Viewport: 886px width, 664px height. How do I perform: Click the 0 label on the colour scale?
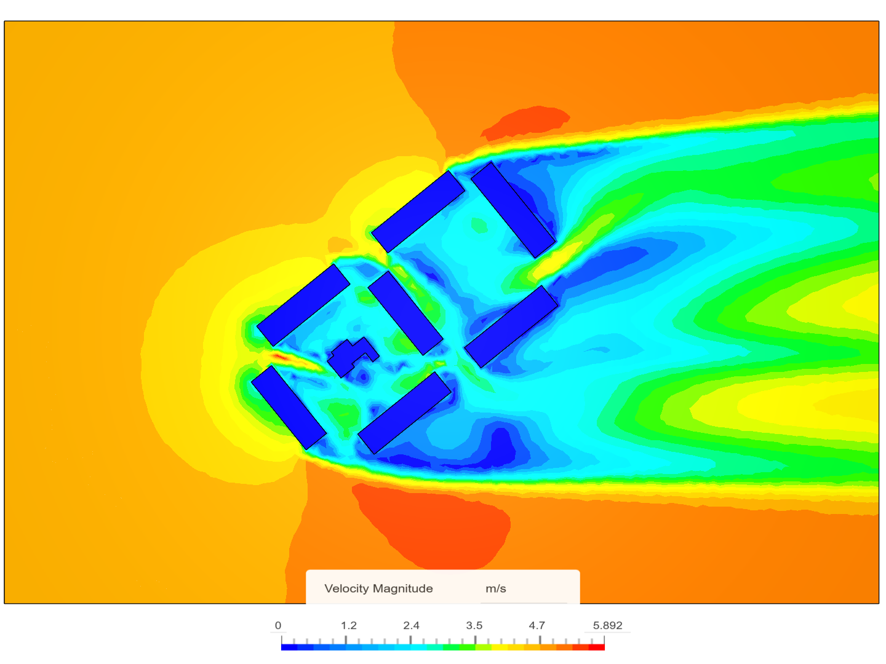click(x=277, y=625)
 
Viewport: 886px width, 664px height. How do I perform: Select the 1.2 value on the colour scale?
click(x=348, y=625)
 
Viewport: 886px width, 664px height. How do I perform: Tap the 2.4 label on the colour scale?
click(x=411, y=625)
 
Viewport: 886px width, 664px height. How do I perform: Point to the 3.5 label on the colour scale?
click(x=474, y=625)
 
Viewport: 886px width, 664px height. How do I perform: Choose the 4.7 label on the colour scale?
click(x=537, y=625)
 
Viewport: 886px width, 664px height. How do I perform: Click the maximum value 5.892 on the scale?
click(x=607, y=625)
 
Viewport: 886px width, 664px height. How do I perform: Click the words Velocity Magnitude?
click(x=378, y=588)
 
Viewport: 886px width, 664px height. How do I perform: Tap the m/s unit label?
click(x=495, y=589)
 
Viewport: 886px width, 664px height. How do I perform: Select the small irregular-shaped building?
click(x=353, y=357)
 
